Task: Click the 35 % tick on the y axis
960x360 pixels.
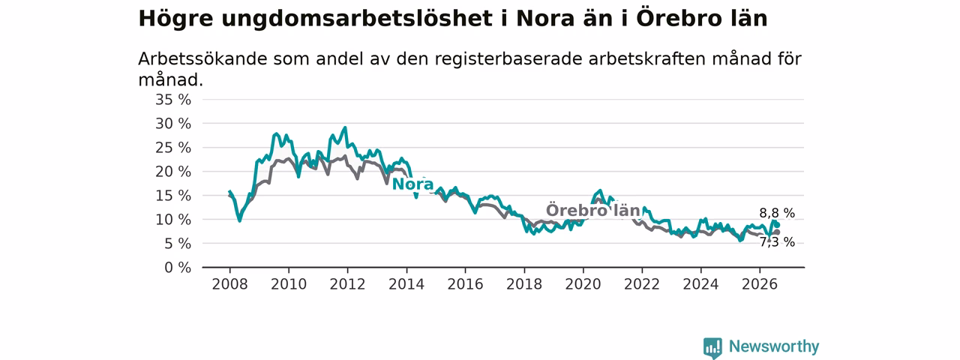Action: [x=173, y=100]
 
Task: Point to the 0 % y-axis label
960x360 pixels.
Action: [x=178, y=268]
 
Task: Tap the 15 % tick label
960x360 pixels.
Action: [x=173, y=196]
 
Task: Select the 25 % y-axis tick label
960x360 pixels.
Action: [x=173, y=148]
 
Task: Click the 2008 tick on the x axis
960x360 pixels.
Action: [x=229, y=284]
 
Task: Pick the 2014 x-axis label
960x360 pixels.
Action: [x=406, y=284]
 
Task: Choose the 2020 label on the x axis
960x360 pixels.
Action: [x=583, y=284]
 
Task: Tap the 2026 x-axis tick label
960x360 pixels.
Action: [x=760, y=284]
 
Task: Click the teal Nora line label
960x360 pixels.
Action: [x=412, y=184]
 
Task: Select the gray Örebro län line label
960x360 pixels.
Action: [x=592, y=211]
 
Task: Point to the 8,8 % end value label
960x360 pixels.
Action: [x=777, y=213]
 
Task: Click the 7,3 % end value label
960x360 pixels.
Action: [x=777, y=242]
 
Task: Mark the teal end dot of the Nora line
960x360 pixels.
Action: [x=777, y=225]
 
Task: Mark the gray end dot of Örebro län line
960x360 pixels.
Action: [x=777, y=232]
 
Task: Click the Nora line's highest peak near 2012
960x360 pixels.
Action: [x=345, y=127]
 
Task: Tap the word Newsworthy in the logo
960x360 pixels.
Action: [x=774, y=346]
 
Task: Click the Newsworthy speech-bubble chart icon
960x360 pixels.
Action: [x=712, y=348]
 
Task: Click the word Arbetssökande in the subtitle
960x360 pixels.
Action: [x=202, y=59]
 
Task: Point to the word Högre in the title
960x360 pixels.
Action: [x=175, y=19]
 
